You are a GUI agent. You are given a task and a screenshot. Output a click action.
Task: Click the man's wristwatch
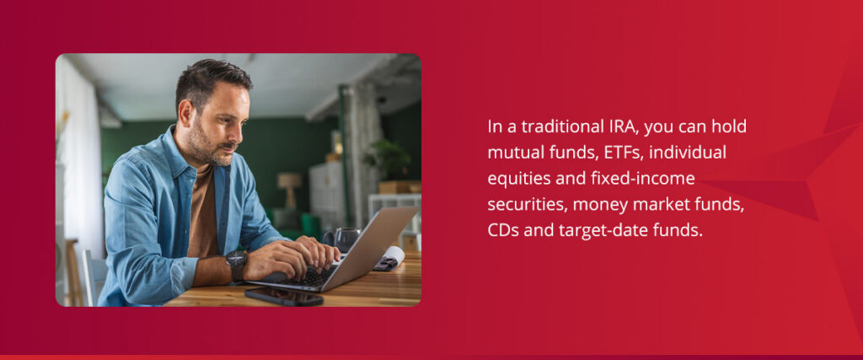tap(237, 264)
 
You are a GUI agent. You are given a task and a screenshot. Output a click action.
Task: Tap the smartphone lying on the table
tap(283, 296)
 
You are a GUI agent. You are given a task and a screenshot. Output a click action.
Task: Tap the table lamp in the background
tap(289, 185)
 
